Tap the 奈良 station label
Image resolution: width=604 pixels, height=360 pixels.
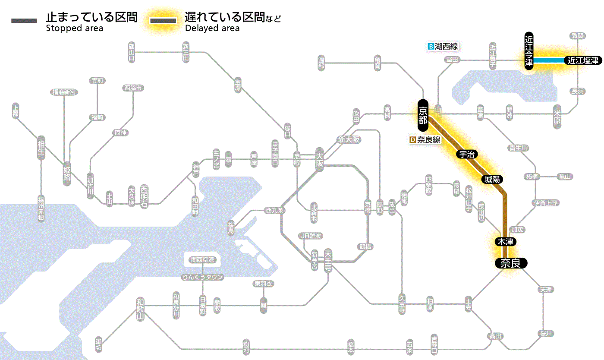pyautogui.click(x=510, y=263)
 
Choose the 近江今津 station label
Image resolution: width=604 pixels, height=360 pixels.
pyautogui.click(x=529, y=50)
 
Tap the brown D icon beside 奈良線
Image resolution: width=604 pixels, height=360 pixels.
pyautogui.click(x=412, y=140)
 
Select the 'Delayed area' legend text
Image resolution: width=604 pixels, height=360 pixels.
pyautogui.click(x=212, y=28)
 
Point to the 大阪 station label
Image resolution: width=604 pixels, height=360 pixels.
pyautogui.click(x=319, y=159)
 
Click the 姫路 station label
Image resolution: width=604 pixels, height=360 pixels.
pyautogui.click(x=67, y=173)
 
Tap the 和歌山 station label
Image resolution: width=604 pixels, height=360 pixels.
pyautogui.click(x=140, y=309)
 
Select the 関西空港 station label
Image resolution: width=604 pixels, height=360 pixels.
pyautogui.click(x=203, y=260)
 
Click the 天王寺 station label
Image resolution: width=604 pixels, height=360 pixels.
pyautogui.click(x=328, y=261)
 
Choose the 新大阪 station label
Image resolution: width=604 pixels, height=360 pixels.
pyautogui.click(x=349, y=140)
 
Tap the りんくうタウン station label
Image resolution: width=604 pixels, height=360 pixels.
pyautogui.click(x=203, y=277)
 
